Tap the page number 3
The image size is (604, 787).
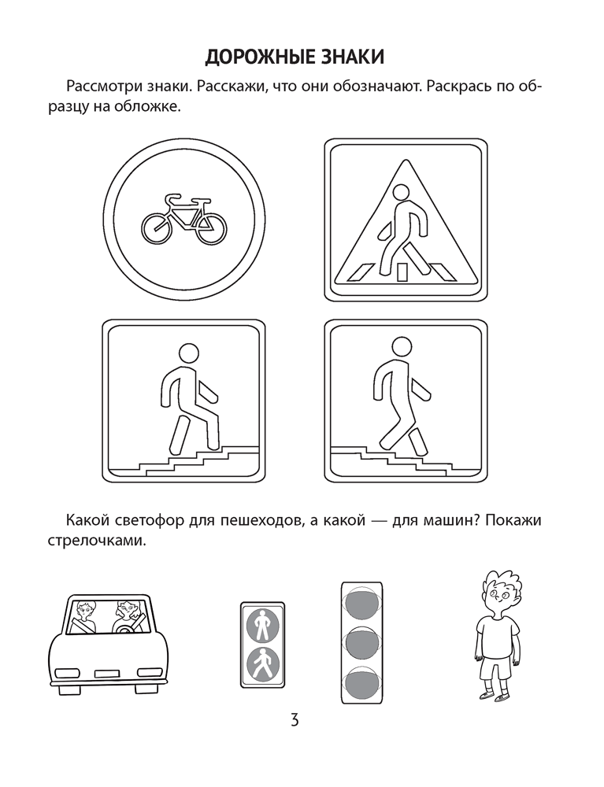(295, 720)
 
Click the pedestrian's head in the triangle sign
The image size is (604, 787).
(401, 194)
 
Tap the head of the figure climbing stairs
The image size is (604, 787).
(189, 353)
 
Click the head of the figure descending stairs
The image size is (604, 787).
(401, 346)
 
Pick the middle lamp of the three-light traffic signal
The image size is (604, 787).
(362, 642)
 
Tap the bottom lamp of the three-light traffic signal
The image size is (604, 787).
(362, 682)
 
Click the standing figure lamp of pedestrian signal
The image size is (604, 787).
(262, 624)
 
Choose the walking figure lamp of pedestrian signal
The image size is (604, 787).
(262, 663)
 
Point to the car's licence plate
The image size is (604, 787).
(106, 673)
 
